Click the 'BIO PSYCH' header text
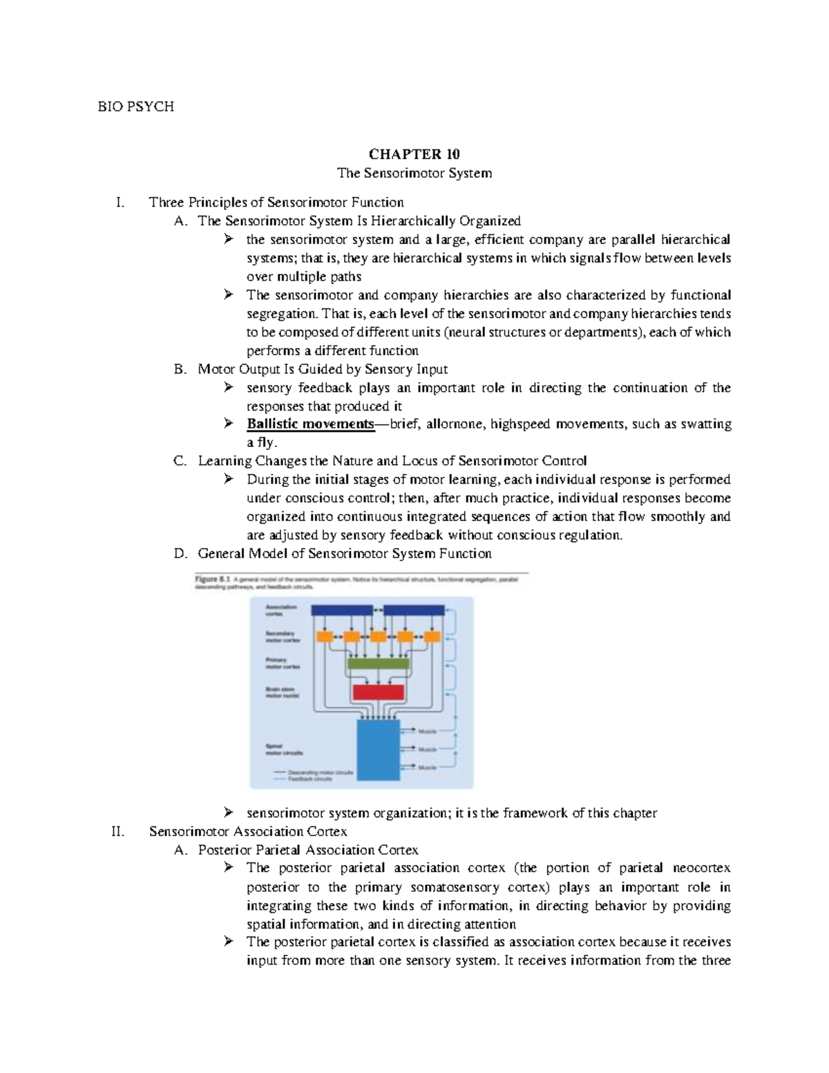135,106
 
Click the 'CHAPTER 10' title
414,154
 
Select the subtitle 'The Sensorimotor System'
414,173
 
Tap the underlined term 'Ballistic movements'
310,424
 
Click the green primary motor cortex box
379,663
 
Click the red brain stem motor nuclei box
379,692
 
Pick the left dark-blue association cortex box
342,610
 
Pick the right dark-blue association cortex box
414,610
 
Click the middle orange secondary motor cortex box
378,636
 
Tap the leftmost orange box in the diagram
324,636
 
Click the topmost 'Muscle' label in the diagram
428,730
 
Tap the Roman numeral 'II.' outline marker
118,831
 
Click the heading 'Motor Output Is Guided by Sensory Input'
323,369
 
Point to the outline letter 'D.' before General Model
181,553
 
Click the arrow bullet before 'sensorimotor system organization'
229,813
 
